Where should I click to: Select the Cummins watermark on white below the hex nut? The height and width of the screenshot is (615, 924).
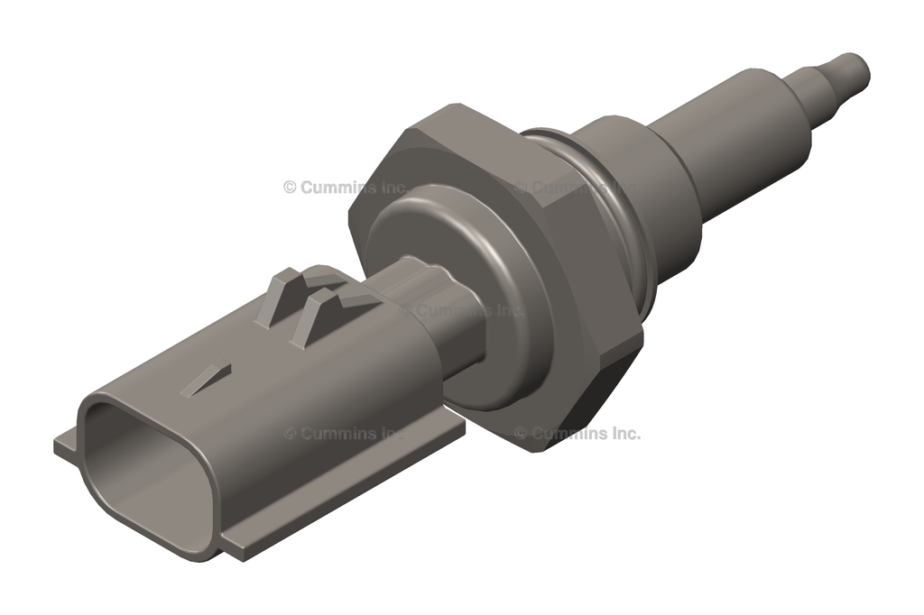pos(577,434)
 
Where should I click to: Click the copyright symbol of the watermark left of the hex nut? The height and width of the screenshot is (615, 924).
pos(290,188)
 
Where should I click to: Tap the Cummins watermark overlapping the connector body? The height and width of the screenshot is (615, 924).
pos(347,434)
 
